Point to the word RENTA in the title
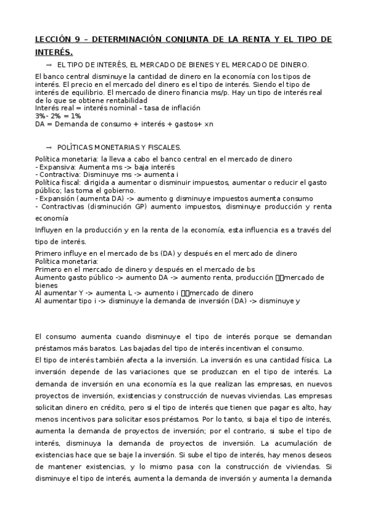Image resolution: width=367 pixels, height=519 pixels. (260, 39)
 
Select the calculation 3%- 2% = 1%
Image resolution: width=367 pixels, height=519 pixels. (58, 115)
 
